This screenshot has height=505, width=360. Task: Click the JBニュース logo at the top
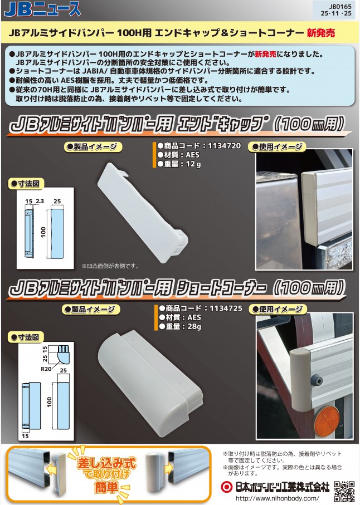42,9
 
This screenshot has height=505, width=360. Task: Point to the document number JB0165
340,7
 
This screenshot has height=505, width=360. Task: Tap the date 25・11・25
336,13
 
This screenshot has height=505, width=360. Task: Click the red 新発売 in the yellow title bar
320,32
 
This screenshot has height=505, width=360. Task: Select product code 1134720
225,145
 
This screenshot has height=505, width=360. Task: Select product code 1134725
226,308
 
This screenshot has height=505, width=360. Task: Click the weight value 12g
193,164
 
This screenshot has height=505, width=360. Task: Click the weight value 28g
194,327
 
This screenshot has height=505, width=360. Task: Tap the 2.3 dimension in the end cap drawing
40,202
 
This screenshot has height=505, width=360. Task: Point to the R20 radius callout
46,369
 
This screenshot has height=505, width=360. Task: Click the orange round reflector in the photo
327,421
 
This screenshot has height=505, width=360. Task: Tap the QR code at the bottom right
344,491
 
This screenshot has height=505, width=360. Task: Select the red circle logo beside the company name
227,487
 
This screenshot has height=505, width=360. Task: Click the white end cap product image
143,212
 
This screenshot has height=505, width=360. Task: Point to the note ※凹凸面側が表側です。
110,266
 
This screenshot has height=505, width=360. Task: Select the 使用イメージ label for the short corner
278,309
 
